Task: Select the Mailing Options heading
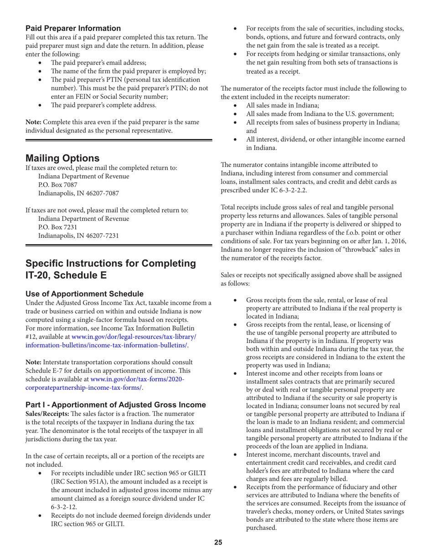pyautogui.click(x=62, y=158)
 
